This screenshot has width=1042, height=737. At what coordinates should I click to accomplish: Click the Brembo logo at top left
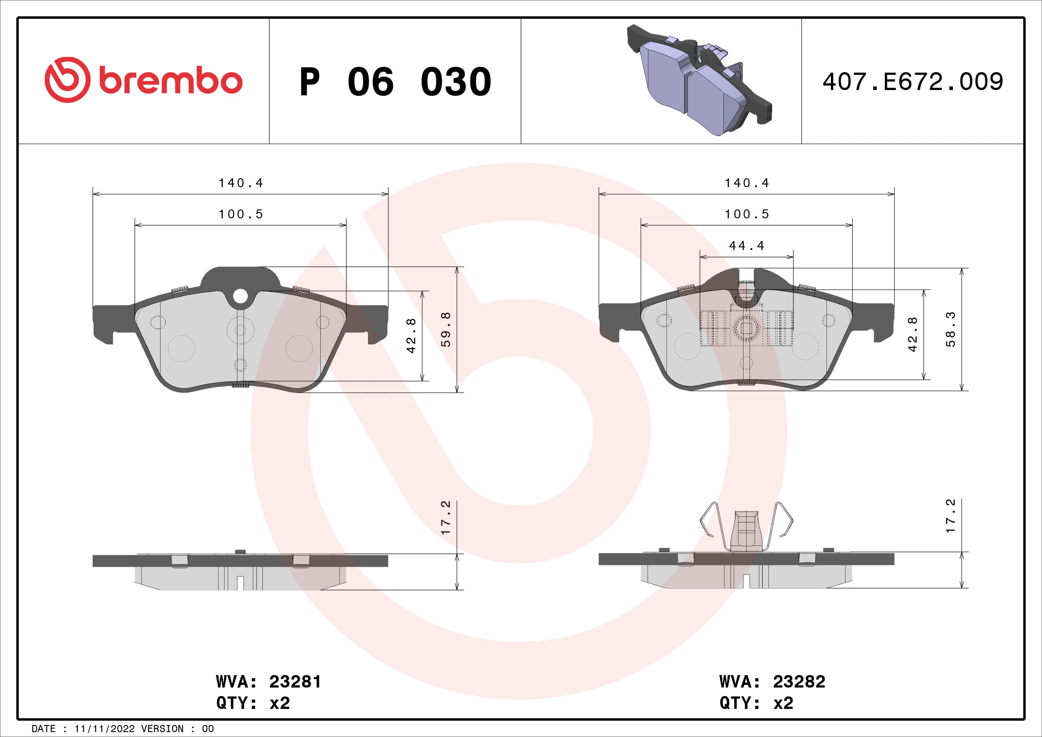tap(143, 80)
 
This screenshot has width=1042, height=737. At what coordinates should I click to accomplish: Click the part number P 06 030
tap(395, 82)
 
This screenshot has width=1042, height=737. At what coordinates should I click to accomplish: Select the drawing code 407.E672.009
tap(913, 82)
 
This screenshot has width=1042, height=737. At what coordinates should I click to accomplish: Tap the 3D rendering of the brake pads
tap(699, 80)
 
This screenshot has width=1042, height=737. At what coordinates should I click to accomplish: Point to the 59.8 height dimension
tap(446, 329)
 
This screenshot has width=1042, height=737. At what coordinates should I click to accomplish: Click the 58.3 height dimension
tap(950, 329)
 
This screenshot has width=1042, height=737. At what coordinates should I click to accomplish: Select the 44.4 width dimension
tap(746, 246)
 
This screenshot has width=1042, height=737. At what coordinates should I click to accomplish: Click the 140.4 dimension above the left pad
tap(241, 183)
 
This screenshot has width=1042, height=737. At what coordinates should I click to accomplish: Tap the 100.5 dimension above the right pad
tap(747, 214)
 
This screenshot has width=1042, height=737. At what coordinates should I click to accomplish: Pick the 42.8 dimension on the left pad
tap(411, 336)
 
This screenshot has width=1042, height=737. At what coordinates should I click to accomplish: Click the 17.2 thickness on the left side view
tap(446, 517)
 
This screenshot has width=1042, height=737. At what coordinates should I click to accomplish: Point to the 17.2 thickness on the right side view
tap(950, 516)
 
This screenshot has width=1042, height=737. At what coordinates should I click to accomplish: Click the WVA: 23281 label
tap(268, 682)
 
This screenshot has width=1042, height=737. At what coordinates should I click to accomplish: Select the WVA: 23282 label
tap(772, 682)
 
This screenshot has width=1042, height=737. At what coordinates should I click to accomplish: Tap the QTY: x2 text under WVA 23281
tap(253, 703)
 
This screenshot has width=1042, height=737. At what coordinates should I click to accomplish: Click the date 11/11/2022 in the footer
tap(104, 729)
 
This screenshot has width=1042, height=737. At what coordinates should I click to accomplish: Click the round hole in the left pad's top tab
tap(241, 296)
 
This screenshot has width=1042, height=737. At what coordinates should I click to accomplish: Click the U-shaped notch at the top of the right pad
tap(747, 291)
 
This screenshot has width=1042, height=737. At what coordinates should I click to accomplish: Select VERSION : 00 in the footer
tap(177, 729)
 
